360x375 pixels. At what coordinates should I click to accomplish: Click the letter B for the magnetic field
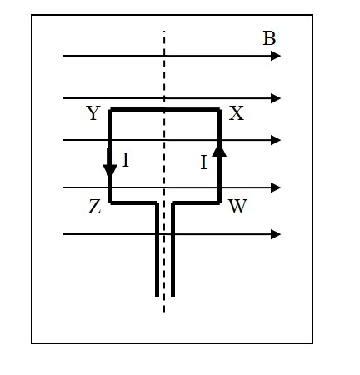(269, 38)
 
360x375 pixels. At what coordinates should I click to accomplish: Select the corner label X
(237, 114)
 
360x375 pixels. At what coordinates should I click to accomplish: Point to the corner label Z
(94, 207)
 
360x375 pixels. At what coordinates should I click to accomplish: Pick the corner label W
(237, 206)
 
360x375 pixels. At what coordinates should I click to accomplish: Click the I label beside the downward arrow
(126, 160)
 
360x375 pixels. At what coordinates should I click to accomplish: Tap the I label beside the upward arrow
(203, 163)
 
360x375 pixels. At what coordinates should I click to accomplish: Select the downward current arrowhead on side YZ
(110, 171)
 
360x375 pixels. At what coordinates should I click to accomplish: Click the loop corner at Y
(110, 109)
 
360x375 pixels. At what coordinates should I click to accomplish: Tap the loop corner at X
(219, 109)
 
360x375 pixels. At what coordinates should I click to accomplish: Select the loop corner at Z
(110, 202)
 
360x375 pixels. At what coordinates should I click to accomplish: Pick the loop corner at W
(219, 202)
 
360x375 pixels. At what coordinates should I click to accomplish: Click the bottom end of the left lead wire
(157, 295)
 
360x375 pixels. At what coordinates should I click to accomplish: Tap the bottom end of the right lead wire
(172, 295)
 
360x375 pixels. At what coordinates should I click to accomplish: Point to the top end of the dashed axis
(164, 32)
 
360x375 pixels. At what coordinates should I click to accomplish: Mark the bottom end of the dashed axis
(164, 312)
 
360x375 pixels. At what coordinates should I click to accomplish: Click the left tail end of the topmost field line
(63, 56)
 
